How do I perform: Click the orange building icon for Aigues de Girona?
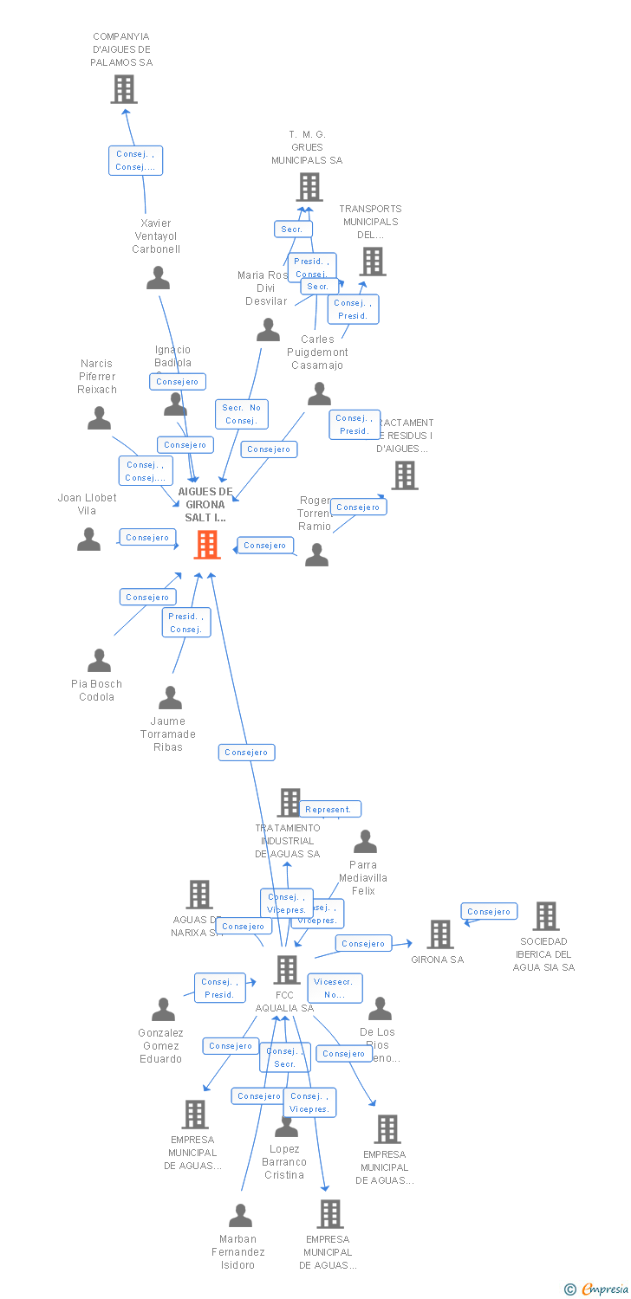click(207, 545)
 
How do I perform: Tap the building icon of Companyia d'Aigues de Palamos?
click(124, 88)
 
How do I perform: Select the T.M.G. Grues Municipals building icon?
click(309, 187)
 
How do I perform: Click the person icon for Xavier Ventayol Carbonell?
click(158, 278)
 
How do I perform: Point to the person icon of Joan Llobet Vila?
click(88, 540)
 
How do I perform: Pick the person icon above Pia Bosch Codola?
click(99, 661)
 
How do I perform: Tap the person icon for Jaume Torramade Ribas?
click(170, 698)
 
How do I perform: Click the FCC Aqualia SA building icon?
click(287, 970)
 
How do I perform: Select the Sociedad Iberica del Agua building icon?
click(546, 916)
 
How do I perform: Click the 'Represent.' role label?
click(329, 810)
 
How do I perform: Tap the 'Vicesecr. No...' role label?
click(335, 988)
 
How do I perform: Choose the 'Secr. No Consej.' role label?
click(242, 414)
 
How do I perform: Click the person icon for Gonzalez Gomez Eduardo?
click(163, 1010)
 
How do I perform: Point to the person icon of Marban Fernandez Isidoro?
click(240, 1216)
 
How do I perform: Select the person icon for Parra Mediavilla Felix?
click(365, 842)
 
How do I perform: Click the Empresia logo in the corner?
click(597, 1289)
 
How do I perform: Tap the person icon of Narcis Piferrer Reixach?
click(99, 418)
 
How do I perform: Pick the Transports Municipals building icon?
click(373, 262)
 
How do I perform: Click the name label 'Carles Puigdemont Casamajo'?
click(317, 352)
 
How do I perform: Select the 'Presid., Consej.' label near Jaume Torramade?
click(185, 623)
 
